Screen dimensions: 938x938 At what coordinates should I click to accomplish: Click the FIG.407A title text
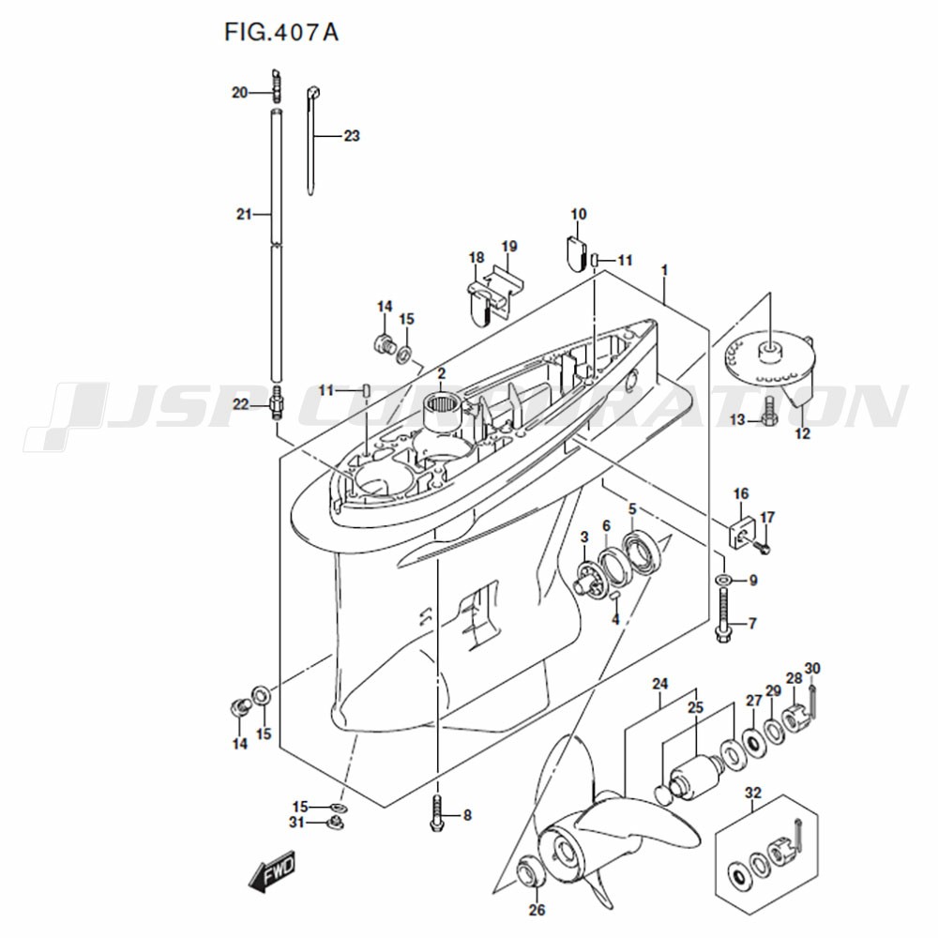281,32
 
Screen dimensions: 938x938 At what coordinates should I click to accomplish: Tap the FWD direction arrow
272,870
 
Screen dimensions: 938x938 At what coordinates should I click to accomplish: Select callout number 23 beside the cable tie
352,136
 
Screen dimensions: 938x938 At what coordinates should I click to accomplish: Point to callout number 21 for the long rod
244,214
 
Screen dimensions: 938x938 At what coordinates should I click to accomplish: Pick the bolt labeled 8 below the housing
437,815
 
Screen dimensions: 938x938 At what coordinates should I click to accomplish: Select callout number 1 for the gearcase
664,270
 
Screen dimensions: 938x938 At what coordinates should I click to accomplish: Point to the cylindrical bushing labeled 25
695,779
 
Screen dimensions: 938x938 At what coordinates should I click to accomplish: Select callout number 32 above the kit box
753,793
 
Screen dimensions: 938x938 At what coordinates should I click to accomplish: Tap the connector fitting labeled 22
276,403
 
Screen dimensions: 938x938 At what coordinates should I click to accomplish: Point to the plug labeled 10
577,253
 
